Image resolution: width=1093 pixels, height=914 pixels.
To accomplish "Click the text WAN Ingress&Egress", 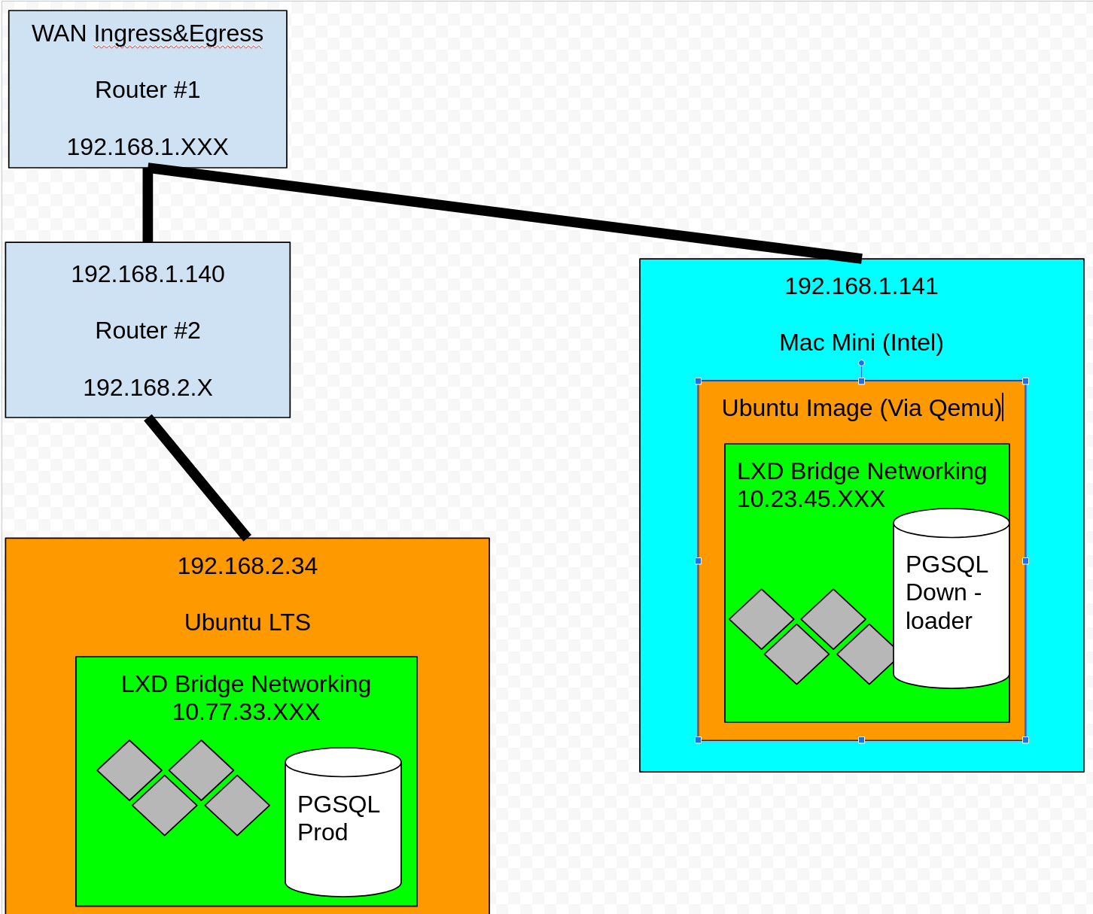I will point(148,34).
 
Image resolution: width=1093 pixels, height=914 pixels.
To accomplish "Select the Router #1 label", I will point(148,90).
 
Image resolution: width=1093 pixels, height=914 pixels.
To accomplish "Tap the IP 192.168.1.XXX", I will point(148,147).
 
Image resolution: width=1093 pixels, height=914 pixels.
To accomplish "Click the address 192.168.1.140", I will point(148,274).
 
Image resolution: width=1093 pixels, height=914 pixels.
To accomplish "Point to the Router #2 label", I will point(148,330).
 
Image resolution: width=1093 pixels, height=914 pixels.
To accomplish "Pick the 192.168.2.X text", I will point(148,387).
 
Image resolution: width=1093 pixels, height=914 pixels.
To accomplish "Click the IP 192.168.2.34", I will point(247,566).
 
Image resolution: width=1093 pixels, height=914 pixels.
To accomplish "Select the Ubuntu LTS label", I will point(247,622).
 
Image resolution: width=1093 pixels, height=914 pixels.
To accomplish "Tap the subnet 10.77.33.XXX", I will point(246,712).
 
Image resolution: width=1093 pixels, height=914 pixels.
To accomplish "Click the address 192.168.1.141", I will point(861,286).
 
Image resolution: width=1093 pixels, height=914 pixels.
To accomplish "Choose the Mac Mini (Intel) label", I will point(861,342).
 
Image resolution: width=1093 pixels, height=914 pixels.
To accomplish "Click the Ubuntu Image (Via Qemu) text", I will point(861,408).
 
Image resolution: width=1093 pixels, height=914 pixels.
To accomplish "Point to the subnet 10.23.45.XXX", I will point(811,499).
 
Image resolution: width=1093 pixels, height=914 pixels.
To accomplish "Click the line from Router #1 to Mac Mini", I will point(504,214).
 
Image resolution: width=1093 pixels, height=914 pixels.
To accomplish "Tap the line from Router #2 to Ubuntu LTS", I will point(197,478).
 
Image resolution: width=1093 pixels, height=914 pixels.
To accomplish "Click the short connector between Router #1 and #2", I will point(148,205).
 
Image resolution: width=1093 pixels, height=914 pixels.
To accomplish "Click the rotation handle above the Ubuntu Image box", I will point(861,363).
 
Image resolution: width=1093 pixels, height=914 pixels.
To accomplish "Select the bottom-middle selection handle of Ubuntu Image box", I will point(861,740).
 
